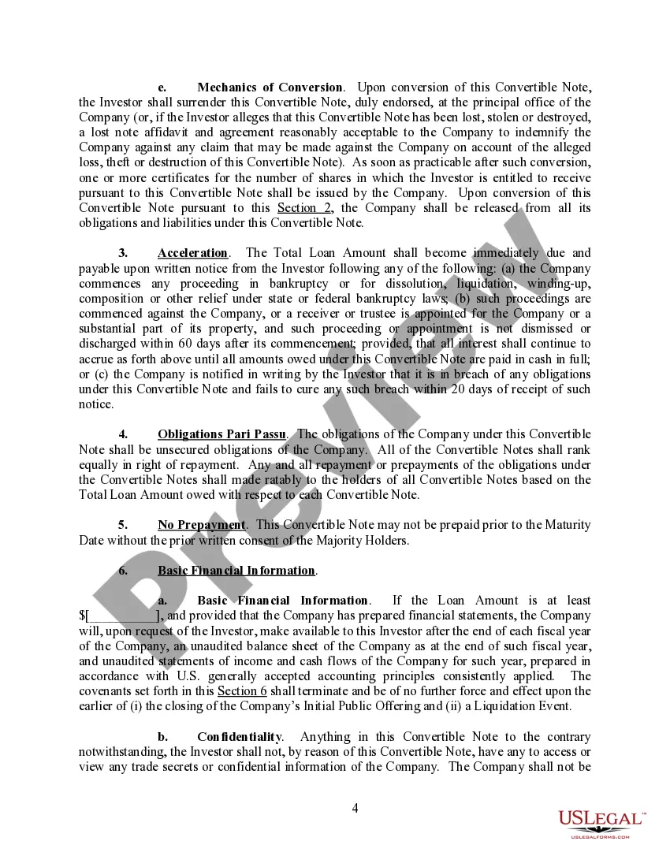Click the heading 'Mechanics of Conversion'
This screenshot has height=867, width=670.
tap(270, 87)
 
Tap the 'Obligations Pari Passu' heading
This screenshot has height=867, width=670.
tap(221, 434)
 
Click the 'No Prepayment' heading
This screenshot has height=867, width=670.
tap(202, 525)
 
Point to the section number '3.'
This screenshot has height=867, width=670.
tap(123, 253)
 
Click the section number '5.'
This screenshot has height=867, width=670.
tap(123, 525)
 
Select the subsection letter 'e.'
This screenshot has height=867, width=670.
tap(162, 87)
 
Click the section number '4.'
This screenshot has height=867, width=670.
tap(123, 434)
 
